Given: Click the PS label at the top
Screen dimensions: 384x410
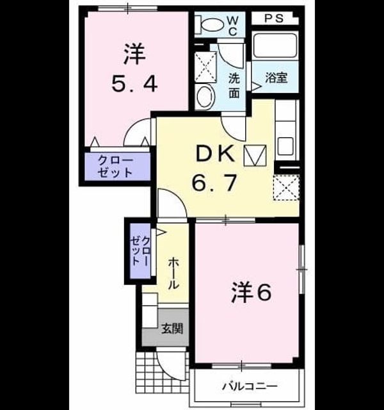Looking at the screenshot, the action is (x=274, y=19).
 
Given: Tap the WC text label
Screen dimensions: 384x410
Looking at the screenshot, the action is (x=232, y=26).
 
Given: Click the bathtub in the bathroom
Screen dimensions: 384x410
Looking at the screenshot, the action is (x=275, y=45).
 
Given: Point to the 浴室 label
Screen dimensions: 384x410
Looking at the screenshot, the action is (x=276, y=78).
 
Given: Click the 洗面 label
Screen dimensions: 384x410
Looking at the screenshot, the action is (x=234, y=85).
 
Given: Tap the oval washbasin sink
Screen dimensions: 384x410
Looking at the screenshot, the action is (x=205, y=96).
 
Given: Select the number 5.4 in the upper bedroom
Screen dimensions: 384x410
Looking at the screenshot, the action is (x=134, y=84).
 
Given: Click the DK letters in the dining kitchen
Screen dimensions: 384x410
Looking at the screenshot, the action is (x=215, y=154).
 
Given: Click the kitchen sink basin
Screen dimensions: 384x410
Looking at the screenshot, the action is (x=285, y=147).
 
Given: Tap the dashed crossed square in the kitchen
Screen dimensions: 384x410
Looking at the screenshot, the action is (x=286, y=188).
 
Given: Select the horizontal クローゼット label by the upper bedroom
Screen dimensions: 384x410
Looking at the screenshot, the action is (x=115, y=166).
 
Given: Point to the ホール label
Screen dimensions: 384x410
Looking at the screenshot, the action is (x=173, y=273).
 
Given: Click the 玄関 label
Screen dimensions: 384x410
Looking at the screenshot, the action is (x=172, y=329).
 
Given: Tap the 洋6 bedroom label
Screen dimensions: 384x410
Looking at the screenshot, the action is (x=251, y=292).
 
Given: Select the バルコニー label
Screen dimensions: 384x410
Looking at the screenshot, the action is (x=250, y=386).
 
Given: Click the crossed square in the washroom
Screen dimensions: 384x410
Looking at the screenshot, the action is (x=206, y=67).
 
